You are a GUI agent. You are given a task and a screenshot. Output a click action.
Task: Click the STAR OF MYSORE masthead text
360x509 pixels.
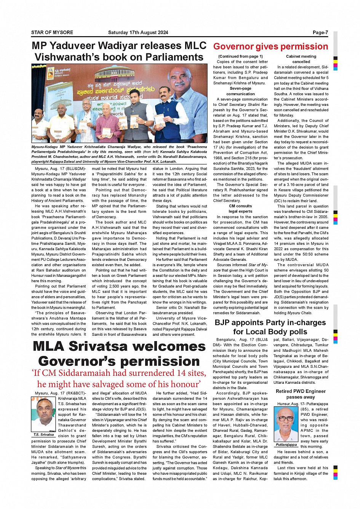coord(52,32)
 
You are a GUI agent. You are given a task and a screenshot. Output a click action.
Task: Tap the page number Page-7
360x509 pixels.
coord(320,32)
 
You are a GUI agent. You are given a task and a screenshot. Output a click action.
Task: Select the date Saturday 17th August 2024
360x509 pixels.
coord(138,32)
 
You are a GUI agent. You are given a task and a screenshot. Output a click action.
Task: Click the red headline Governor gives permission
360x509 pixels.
coord(270,46)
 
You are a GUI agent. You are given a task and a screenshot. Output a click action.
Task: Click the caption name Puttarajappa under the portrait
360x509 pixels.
coord(286,445)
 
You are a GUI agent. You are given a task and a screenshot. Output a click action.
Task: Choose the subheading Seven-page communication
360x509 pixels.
coord(240,91)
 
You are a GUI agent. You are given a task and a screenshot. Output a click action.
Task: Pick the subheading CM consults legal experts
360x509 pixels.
coord(240,209)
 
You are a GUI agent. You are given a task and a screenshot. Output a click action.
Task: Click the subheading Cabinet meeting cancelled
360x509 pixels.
coord(301,59)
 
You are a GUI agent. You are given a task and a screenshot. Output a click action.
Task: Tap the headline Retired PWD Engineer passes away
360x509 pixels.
coord(301,394)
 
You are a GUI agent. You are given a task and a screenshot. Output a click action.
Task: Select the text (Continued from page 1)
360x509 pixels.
coord(240,56)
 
